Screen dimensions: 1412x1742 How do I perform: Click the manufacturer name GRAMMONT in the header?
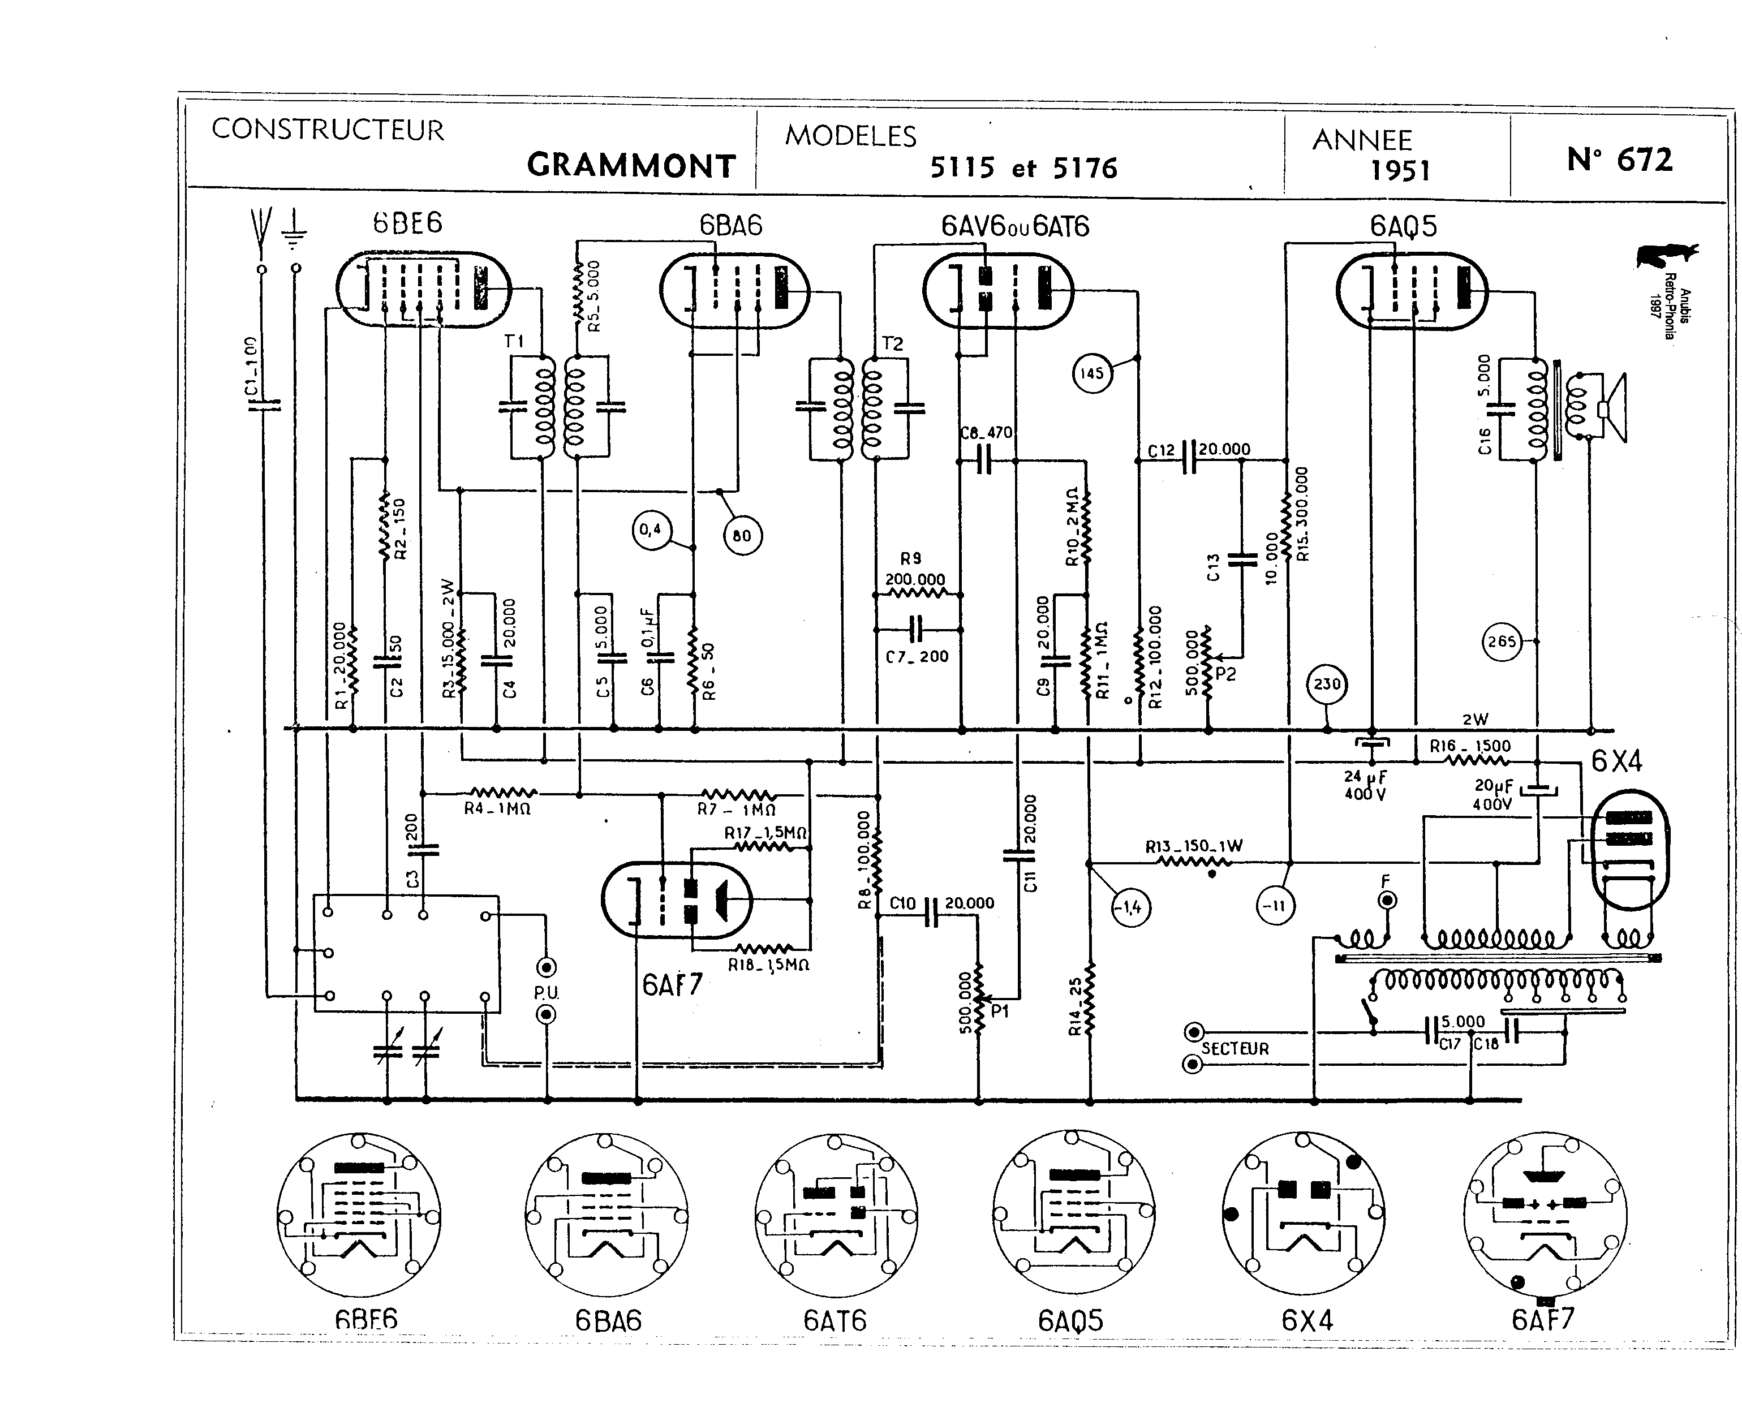(631, 166)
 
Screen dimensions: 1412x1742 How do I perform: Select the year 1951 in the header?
(1400, 171)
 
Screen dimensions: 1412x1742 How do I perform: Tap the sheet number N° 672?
(1619, 160)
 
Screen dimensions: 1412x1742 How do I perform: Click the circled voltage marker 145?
(1091, 373)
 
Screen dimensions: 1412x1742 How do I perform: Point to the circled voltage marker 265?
(1502, 642)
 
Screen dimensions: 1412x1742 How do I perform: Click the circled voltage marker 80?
(742, 536)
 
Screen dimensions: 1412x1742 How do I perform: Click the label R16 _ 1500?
(1470, 746)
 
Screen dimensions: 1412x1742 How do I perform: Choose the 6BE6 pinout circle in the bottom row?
(359, 1215)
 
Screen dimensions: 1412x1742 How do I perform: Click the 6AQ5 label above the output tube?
(1403, 226)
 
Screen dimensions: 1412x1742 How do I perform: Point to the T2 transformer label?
(892, 343)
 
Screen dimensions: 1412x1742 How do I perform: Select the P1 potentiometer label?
(1000, 1013)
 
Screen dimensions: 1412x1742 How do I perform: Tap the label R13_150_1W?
(1194, 846)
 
